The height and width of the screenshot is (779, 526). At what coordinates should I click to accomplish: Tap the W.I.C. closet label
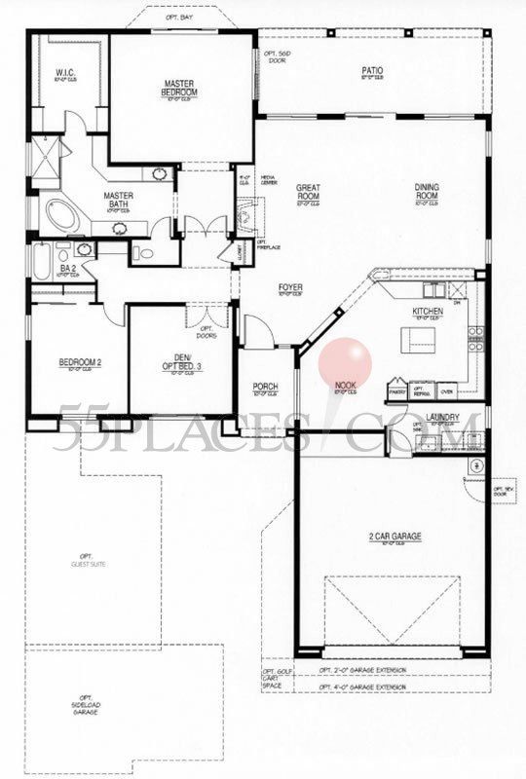click(66, 71)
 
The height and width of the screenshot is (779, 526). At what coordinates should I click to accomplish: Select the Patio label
click(371, 71)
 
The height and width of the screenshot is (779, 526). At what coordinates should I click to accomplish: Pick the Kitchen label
click(428, 312)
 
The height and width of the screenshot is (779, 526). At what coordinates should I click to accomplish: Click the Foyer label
click(290, 287)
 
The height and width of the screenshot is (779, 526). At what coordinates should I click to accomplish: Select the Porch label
click(265, 387)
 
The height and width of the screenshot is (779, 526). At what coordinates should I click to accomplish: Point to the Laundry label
click(442, 418)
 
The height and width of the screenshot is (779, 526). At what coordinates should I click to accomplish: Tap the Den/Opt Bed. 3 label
click(181, 361)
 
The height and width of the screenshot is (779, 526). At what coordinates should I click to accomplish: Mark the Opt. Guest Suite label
click(87, 562)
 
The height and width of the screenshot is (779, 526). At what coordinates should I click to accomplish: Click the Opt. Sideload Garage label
click(87, 701)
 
